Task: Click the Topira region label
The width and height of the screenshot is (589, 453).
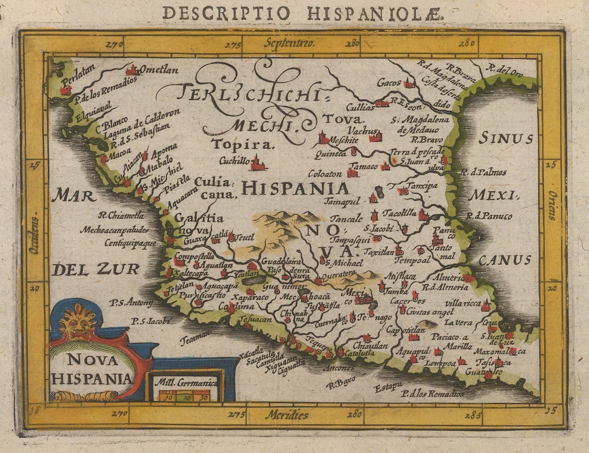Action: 243,144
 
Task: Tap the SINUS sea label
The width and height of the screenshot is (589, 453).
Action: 506,139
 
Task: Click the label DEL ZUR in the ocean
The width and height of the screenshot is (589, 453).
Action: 96,269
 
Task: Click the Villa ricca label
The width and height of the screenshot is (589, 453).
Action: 463,303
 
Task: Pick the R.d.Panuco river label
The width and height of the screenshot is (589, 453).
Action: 488,216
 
